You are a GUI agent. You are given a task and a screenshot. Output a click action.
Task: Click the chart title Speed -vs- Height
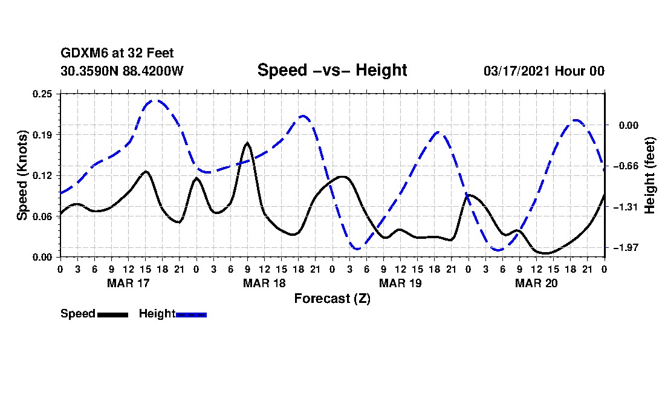[x=332, y=70]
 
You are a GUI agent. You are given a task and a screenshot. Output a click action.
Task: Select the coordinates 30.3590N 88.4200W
[x=122, y=71]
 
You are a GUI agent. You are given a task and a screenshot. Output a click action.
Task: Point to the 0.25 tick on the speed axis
[x=44, y=94]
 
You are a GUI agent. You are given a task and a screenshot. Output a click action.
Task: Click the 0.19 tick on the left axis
[x=44, y=134]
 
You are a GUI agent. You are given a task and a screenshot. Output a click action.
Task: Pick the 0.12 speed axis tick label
[x=44, y=175]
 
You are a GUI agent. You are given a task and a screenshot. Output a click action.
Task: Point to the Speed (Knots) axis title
[x=22, y=175]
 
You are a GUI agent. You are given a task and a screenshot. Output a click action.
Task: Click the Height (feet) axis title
[x=650, y=175]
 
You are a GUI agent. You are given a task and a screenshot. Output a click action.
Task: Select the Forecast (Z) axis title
[x=332, y=299]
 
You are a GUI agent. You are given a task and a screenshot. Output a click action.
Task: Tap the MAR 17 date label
[x=128, y=283]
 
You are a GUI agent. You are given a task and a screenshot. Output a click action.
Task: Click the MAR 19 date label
[x=400, y=283]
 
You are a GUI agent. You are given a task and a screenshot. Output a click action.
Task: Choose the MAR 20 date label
[x=536, y=283]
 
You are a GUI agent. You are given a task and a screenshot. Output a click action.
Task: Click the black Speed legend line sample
[x=112, y=314]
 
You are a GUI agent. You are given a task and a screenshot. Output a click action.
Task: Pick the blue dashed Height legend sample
[x=191, y=314]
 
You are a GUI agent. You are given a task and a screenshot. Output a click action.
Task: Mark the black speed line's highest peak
[x=247, y=143]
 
